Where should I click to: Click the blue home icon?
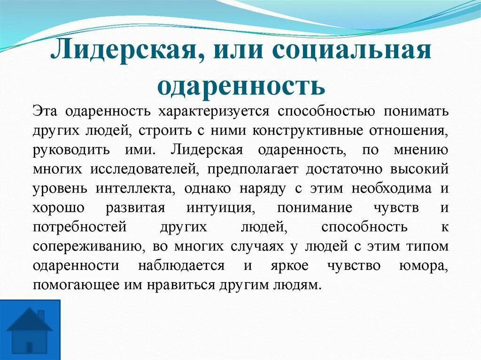30,329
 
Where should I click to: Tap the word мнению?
422,150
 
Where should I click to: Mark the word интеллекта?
137,189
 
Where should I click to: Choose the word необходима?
388,189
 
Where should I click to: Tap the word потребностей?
80,227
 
